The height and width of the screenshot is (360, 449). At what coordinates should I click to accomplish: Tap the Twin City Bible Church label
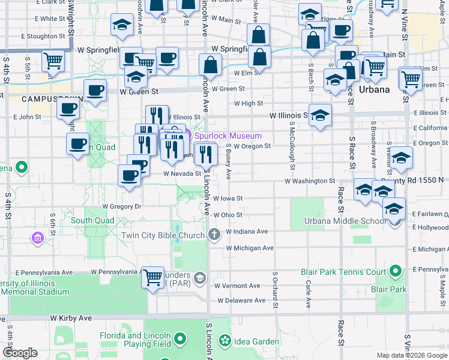(163, 235)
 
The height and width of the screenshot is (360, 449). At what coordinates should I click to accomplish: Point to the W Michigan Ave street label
(250, 248)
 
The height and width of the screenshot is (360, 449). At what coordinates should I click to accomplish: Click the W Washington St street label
(309, 181)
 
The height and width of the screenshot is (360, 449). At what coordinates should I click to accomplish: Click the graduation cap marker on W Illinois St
(321, 115)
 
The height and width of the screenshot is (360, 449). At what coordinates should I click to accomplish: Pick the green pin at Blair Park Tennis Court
(395, 272)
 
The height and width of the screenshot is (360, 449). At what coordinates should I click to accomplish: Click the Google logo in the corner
(20, 353)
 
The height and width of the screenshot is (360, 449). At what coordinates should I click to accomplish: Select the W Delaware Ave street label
(241, 301)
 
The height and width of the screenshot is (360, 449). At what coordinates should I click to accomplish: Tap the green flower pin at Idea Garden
(225, 341)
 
